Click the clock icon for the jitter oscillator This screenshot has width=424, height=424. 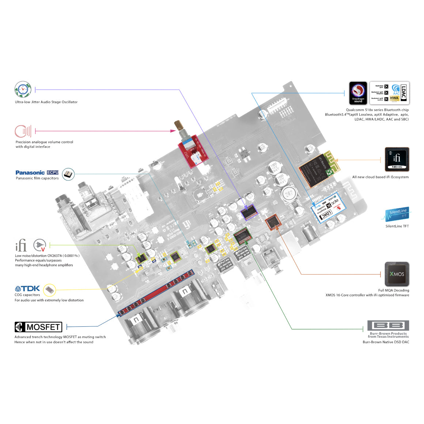tap(23, 89)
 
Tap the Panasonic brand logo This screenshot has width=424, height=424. tap(30, 173)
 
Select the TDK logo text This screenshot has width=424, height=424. tap(27, 288)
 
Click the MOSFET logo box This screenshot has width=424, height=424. tap(38, 327)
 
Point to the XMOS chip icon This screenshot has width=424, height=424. tap(397, 274)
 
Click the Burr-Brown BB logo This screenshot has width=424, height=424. tap(388, 325)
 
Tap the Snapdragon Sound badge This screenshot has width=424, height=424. tap(358, 93)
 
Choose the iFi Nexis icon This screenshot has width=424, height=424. tap(397, 159)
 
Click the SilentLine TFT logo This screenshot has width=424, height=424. tap(397, 214)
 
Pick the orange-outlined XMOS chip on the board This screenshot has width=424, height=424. tap(273, 222)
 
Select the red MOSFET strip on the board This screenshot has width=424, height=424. tap(156, 292)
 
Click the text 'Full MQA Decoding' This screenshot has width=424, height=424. tap(394, 290)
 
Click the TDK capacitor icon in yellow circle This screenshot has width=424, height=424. tap(49, 291)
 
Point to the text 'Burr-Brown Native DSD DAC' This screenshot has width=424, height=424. tap(386, 342)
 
